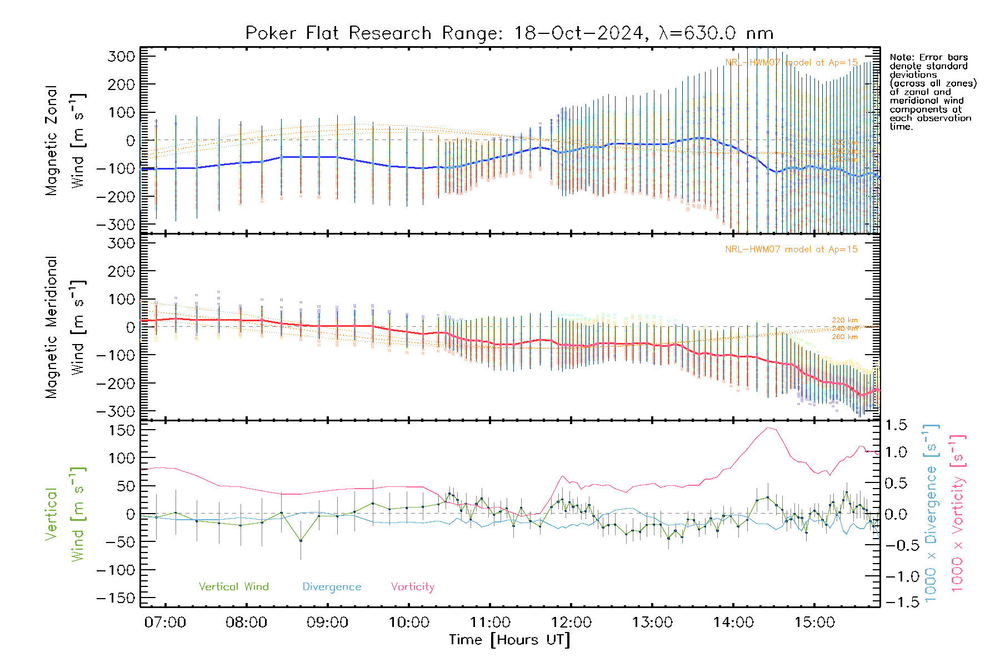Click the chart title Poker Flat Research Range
point(509,33)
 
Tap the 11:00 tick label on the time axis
point(490,623)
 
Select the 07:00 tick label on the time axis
point(165,623)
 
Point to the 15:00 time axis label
point(814,623)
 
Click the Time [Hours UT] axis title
point(509,640)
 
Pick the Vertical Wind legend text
point(233,587)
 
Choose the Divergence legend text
point(332,587)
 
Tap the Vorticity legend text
point(412,587)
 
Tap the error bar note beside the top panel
point(932,92)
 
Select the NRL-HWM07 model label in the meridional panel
point(791,250)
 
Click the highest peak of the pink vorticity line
point(768,428)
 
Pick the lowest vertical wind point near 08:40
point(301,540)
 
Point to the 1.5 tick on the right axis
point(896,426)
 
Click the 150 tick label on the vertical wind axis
point(122,430)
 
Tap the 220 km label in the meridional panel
point(844,320)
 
